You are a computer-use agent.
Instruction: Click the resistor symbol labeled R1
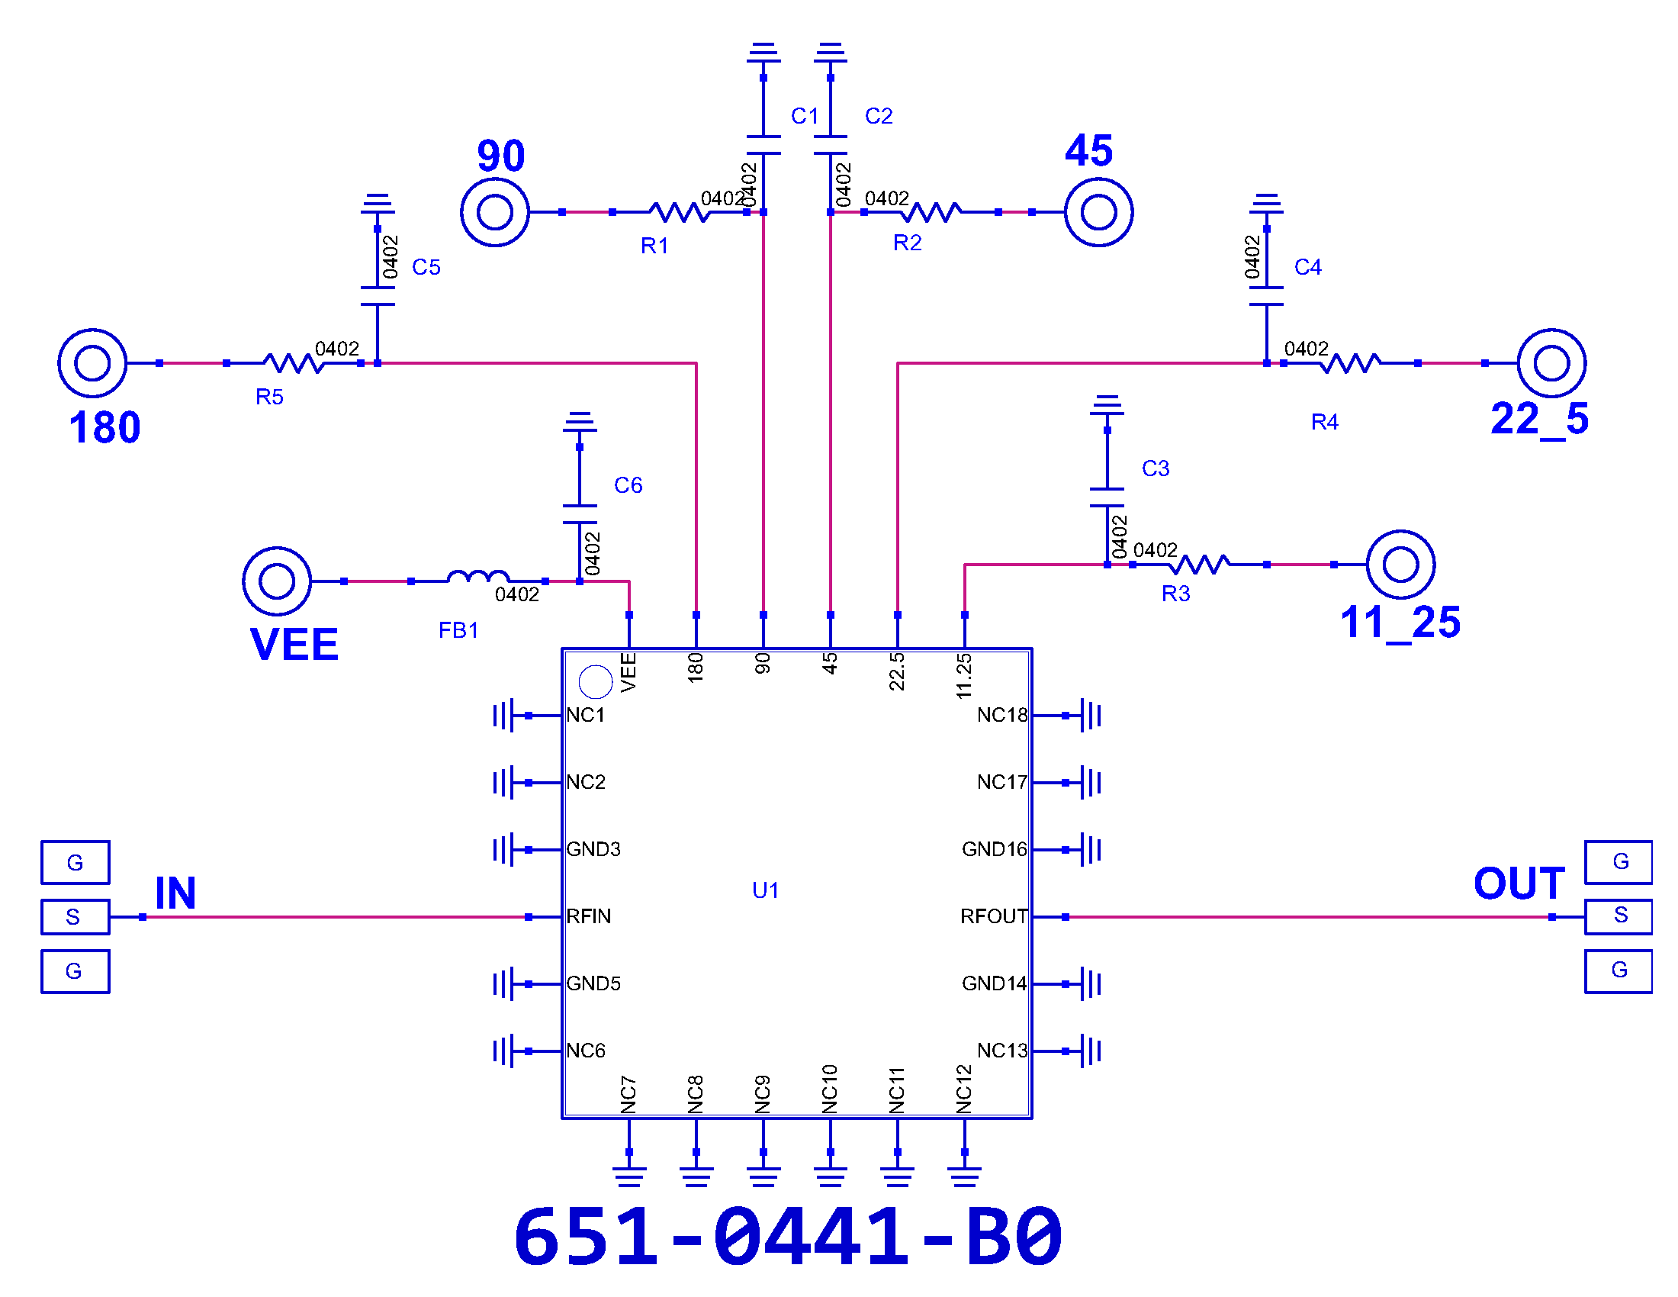coord(679,212)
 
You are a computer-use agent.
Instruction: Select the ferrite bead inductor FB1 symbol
coord(478,577)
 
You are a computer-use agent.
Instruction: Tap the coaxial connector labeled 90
coord(495,212)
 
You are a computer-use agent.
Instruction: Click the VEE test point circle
coord(277,581)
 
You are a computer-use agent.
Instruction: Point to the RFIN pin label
coord(589,916)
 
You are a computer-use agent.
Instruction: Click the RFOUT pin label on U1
coord(993,916)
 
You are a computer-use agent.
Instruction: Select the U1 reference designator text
coord(765,890)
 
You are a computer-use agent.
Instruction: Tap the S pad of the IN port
coord(76,917)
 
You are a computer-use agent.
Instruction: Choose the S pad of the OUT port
coord(1619,916)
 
